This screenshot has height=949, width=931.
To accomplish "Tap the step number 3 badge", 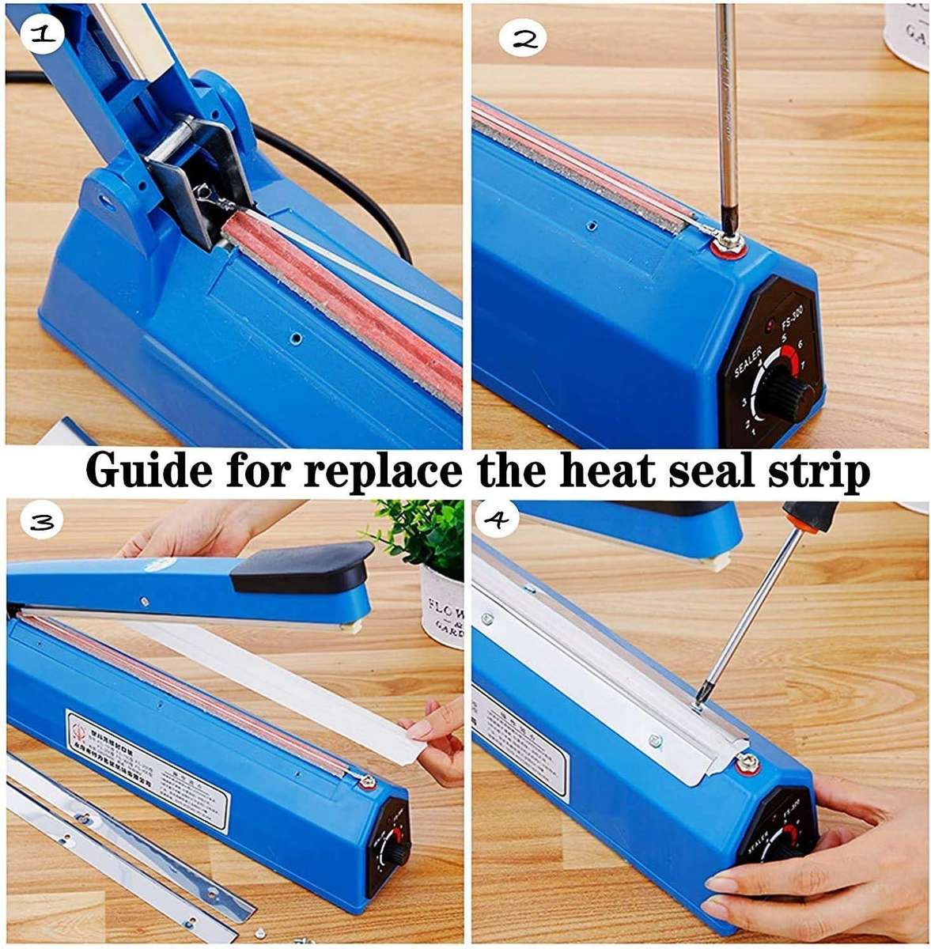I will click(x=41, y=522).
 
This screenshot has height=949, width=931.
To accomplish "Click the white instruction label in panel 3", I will click(x=146, y=767).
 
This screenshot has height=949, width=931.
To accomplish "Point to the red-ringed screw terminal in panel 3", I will click(x=365, y=783).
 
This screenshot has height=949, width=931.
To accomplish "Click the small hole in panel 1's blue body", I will click(x=295, y=338).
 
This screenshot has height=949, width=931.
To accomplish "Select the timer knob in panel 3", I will click(x=392, y=853).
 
